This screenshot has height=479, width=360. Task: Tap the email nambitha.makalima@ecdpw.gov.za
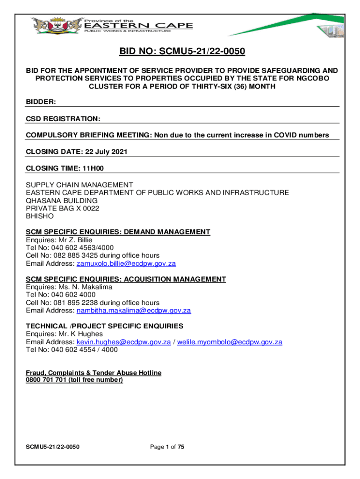click(134, 311)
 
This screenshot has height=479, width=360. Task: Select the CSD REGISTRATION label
click(63, 119)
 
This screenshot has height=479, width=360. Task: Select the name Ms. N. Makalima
click(83, 287)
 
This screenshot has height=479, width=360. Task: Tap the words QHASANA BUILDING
click(62, 200)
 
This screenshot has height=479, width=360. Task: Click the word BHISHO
click(40, 216)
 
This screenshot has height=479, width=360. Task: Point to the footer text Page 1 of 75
click(167, 447)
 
